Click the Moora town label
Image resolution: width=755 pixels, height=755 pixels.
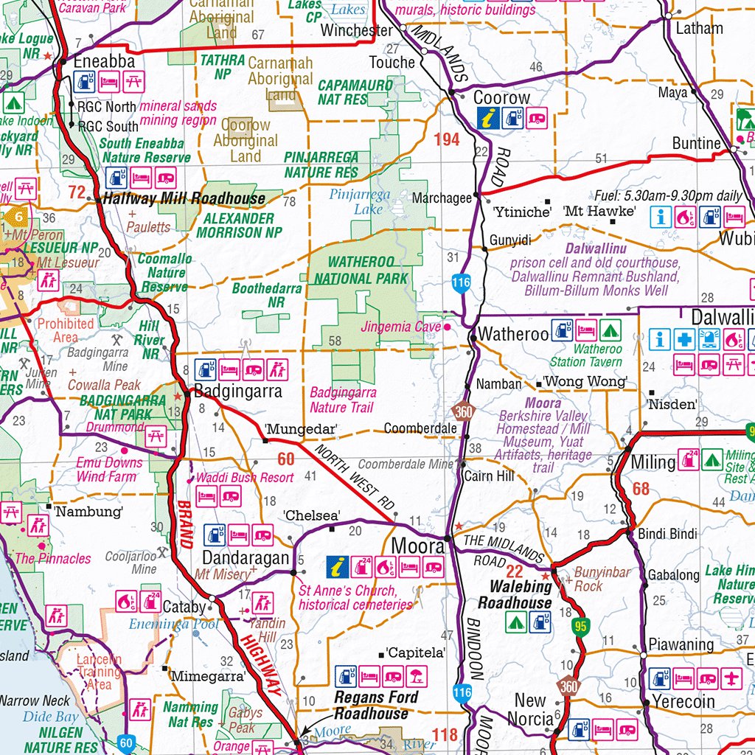tap(418, 546)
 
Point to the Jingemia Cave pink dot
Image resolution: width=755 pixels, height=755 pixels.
tap(446, 326)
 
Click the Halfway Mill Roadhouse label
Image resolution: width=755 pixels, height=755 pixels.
tap(184, 198)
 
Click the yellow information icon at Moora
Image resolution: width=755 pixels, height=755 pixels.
tap(338, 567)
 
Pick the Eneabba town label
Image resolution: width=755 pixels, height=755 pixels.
tap(104, 62)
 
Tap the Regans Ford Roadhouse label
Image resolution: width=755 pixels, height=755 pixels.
tap(376, 705)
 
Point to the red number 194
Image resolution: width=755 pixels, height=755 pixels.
tap(447, 139)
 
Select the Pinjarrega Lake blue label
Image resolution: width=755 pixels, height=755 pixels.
tap(360, 201)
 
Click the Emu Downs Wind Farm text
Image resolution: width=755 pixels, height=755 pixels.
tap(107, 470)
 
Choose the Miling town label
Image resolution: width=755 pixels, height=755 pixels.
tap(653, 462)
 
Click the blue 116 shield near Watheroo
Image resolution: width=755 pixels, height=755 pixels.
tap(462, 283)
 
